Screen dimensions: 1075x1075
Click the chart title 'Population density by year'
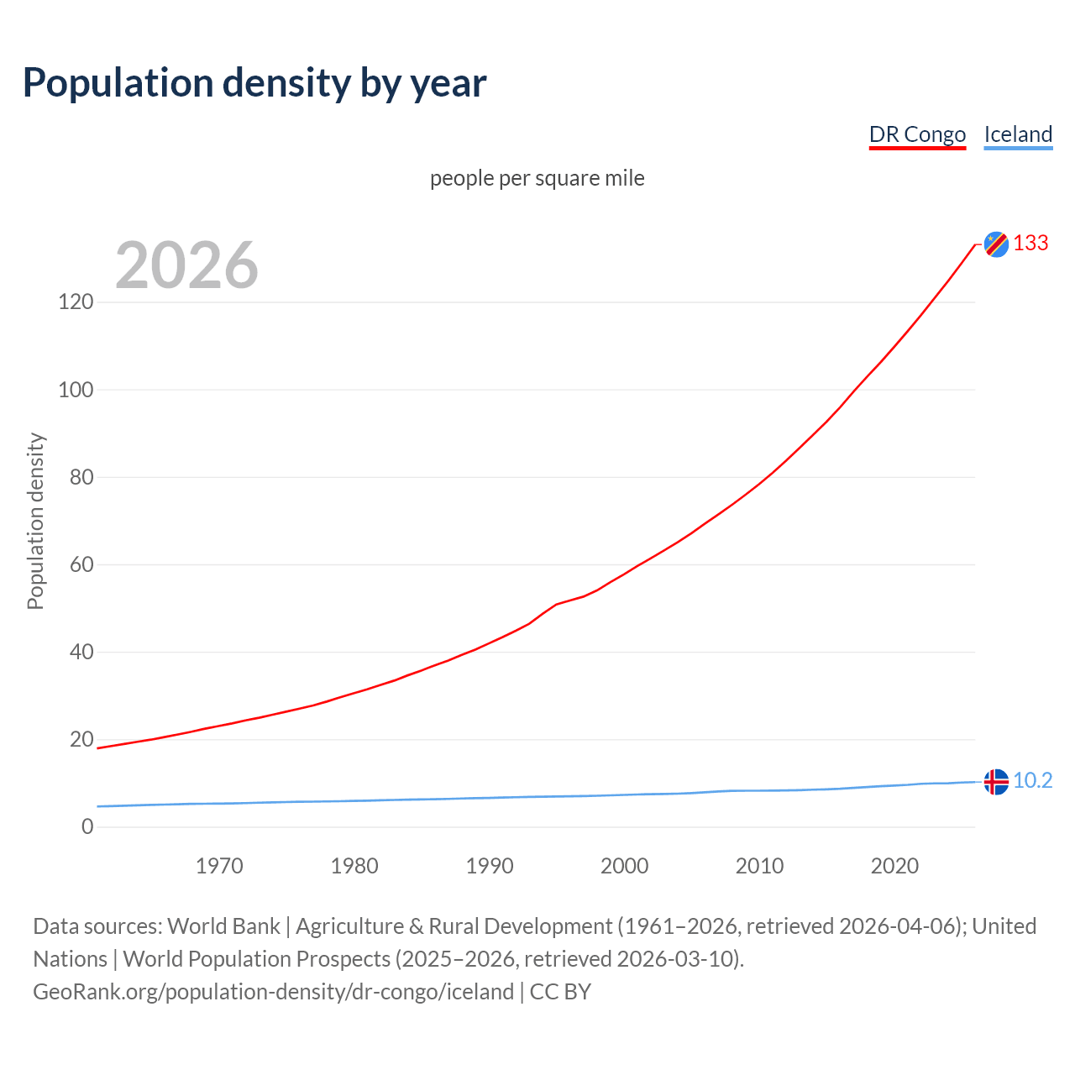point(254,82)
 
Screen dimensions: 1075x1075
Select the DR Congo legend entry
point(917,134)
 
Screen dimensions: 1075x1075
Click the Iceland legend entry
point(1018,134)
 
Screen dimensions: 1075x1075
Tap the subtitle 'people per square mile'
point(537,178)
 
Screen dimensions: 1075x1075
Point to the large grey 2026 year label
point(186,265)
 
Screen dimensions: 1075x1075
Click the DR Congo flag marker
point(996,244)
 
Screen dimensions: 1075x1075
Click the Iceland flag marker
point(996,781)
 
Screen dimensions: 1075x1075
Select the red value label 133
point(1030,243)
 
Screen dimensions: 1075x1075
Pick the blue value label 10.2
point(1032,780)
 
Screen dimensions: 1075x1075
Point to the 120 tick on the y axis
point(76,302)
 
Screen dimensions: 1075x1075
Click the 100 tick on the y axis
point(76,390)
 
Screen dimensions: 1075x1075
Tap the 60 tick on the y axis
point(81,564)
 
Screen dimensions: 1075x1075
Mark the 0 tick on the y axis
point(87,826)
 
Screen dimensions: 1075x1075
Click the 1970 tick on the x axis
point(219,866)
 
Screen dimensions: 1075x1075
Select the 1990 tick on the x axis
point(490,866)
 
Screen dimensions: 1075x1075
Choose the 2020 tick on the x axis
point(894,866)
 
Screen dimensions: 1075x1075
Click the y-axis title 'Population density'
point(35,521)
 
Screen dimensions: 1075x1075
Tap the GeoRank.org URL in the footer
point(273,991)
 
